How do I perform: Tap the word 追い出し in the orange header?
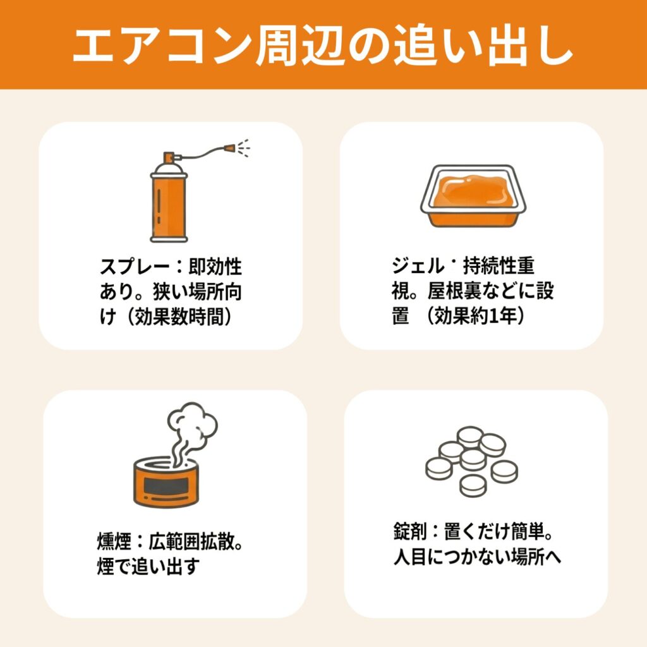[x=483, y=45]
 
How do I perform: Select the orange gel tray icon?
[x=473, y=196]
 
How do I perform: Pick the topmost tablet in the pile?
[x=470, y=437]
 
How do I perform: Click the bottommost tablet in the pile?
[x=473, y=486]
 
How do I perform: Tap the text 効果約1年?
[x=475, y=316]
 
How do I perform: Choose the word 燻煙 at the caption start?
[x=114, y=541]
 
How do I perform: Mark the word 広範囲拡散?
[x=191, y=541]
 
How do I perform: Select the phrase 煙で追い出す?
[x=148, y=567]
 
